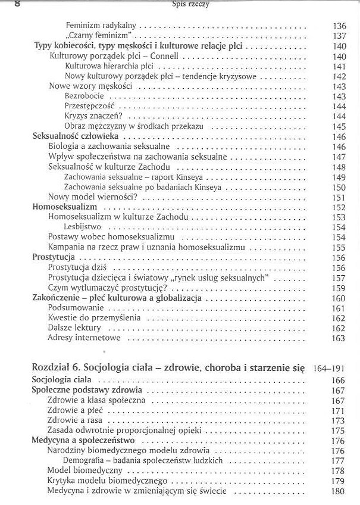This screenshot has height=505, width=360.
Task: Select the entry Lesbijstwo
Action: pos(83,227)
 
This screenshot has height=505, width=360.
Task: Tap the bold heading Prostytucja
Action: pos(52,257)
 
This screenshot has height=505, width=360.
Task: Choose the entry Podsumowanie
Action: pos(76,308)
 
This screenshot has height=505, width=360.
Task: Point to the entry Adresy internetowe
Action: pos(84,338)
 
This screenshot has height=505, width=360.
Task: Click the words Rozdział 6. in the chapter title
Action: pos(56,366)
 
